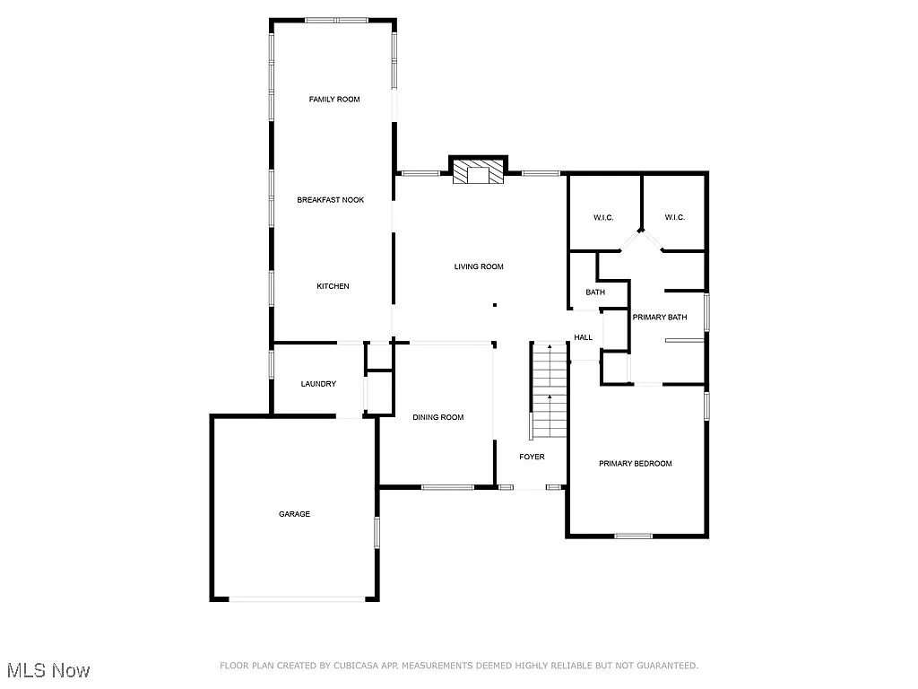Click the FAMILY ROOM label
[x=334, y=100]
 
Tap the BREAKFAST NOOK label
[x=331, y=200]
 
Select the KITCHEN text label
[x=333, y=286]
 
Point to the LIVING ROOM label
[x=479, y=266]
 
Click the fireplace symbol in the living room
[x=478, y=173]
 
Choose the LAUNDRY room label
[x=318, y=384]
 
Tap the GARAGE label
[x=294, y=514]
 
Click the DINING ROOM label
[x=438, y=417]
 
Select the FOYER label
[x=533, y=457]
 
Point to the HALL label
[x=584, y=337]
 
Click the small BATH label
[x=595, y=292]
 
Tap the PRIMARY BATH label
[x=660, y=318]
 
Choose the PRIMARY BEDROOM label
[x=636, y=464]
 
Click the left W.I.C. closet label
[x=603, y=218]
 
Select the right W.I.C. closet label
[x=675, y=218]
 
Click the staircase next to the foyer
[x=549, y=390]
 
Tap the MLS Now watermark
[x=48, y=670]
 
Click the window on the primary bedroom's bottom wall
[x=633, y=536]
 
